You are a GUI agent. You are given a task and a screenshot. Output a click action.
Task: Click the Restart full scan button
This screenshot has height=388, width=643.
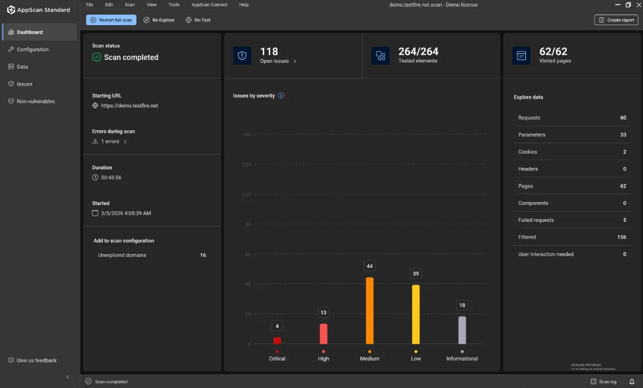coord(111,20)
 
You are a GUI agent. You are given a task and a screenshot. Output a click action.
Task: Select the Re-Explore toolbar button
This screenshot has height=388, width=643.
coord(159,20)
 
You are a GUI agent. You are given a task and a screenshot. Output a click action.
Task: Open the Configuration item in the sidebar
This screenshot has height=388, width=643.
coord(33,49)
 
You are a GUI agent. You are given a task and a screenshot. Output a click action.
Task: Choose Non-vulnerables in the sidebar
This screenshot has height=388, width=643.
coord(36,101)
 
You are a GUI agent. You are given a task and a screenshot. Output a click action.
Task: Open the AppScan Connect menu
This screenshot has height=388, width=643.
coord(209,5)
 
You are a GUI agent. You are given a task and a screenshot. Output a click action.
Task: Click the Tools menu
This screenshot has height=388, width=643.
coord(174,5)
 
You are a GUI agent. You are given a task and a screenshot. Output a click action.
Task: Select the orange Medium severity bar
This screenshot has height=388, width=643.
coord(370,311)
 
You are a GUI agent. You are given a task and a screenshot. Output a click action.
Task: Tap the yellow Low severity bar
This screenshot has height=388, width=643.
coord(415,314)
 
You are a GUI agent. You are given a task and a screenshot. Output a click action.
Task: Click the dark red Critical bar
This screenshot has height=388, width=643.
coord(277,341)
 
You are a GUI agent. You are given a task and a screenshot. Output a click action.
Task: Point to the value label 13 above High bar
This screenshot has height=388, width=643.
coord(324,313)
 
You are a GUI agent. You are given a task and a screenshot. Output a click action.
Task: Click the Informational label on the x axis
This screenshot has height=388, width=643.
coord(462,358)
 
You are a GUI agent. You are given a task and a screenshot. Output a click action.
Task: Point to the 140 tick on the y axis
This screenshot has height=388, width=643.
coord(247,134)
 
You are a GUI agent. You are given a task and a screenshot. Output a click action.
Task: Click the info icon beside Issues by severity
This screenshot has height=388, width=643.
coord(281,95)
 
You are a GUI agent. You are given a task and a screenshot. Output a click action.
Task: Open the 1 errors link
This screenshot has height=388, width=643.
coord(110,141)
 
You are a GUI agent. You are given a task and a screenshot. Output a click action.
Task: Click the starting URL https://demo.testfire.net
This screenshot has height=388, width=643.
coord(130,106)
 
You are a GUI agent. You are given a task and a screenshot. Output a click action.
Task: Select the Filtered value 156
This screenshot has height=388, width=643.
coord(622,237)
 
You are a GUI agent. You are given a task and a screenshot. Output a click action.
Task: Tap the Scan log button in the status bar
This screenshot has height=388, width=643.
coord(604,381)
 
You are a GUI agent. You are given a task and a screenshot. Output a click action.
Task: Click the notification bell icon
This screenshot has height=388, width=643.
coord(632,381)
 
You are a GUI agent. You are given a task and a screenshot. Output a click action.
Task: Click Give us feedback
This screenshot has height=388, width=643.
coord(33,360)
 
